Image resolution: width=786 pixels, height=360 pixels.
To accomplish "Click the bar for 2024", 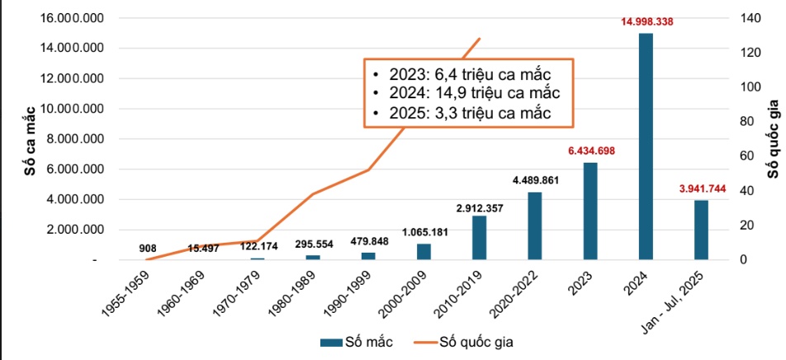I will coord(646,146).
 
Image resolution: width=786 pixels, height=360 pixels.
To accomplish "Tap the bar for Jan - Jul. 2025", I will coord(701,230).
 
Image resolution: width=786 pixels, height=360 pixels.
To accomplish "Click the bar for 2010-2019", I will coord(479,238).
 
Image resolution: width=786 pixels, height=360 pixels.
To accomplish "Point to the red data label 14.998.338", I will coord(647,21).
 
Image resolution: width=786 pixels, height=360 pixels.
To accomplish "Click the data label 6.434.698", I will coord(591,150).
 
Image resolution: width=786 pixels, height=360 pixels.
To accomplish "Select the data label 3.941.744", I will coord(702,188).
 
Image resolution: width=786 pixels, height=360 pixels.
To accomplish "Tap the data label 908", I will coord(149,247).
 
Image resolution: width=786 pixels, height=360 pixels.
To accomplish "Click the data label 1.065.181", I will coord(425,231).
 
